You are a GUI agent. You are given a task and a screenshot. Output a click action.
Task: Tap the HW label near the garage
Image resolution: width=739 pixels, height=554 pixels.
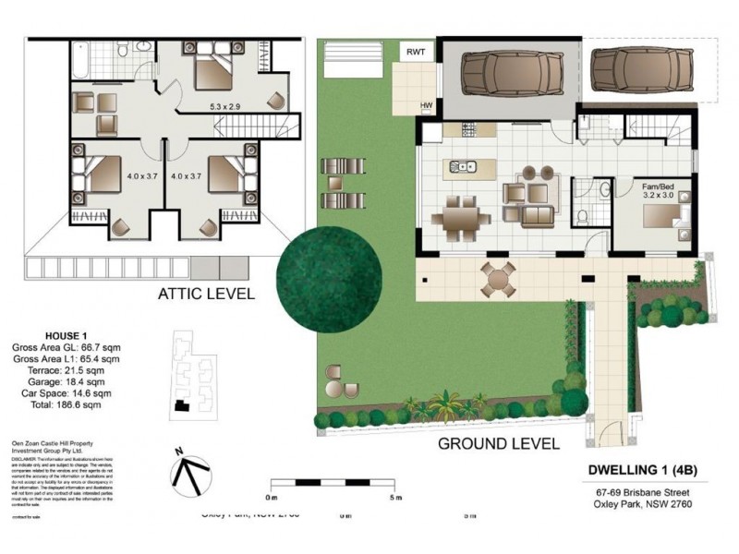click(427, 106)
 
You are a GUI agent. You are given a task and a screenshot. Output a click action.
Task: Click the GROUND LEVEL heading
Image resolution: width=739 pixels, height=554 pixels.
click(498, 443)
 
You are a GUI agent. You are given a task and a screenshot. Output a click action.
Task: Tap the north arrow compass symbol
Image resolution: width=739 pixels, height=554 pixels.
click(188, 472)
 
